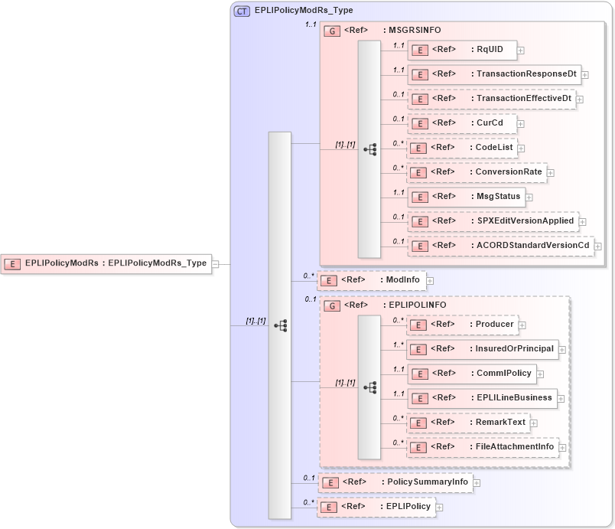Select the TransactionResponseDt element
coord(493,74)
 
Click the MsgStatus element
coord(465,196)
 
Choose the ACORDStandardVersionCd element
coord(500,245)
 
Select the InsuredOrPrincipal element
coord(481,349)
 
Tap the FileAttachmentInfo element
coord(482,446)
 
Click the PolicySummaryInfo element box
coord(394,482)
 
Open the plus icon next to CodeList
coord(521,148)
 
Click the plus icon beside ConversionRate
coord(551,172)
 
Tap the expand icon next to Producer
coord(522,325)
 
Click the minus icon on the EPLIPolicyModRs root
coord(215,263)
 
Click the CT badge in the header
coord(242,11)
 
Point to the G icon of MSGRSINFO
coord(332,31)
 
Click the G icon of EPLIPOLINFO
coord(332,305)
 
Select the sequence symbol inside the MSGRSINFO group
coord(369,149)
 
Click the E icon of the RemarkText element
coord(418,423)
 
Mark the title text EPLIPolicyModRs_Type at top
coord(304,11)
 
